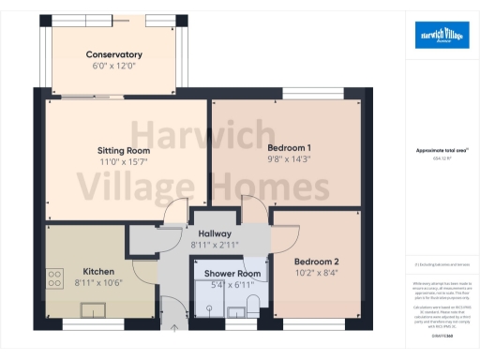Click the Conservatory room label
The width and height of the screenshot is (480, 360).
(x=113, y=54)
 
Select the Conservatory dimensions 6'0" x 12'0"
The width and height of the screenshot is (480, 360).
(x=113, y=67)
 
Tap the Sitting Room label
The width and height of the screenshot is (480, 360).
(x=124, y=149)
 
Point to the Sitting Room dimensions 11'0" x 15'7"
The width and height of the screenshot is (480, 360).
(x=124, y=161)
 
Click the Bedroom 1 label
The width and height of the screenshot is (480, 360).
(x=289, y=147)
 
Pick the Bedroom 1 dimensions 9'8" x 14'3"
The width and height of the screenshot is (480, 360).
(x=289, y=159)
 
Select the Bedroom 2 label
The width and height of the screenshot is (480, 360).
(x=316, y=262)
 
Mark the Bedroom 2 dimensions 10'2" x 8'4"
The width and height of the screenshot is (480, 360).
(x=316, y=274)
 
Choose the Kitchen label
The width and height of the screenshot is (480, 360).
(x=97, y=269)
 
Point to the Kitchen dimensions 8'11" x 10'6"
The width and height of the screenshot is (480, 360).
(x=97, y=281)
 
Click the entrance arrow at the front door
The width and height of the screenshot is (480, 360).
(x=174, y=328)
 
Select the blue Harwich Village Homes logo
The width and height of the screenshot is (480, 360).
(x=442, y=35)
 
